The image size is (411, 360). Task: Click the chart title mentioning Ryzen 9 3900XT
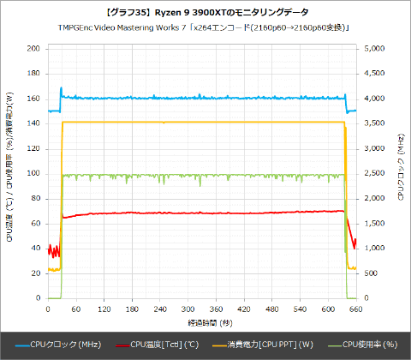205,11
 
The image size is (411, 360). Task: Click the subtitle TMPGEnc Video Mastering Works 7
205,27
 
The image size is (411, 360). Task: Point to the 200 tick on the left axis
34,49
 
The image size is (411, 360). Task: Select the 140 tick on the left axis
34,123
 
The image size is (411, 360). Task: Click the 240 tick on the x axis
160,309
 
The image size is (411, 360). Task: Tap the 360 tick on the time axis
217,309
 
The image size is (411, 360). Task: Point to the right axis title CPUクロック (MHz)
400,174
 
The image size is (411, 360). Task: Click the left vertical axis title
9,174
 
